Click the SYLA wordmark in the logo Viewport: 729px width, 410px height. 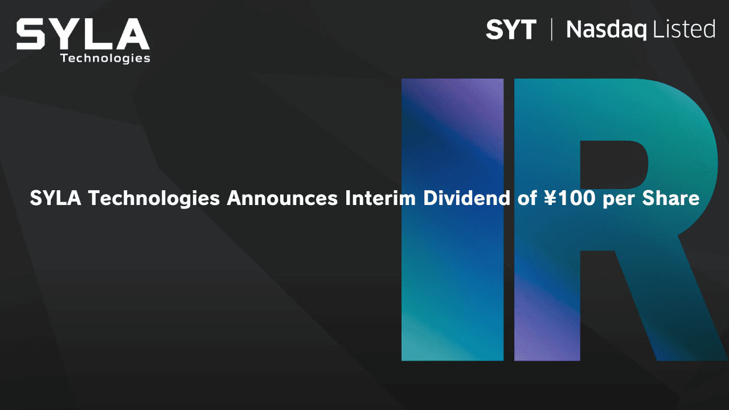coord(83,34)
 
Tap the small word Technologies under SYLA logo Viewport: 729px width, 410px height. coord(105,59)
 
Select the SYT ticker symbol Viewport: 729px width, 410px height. coord(511,30)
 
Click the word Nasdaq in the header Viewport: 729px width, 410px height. coord(607,30)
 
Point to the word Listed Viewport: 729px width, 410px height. coord(684,29)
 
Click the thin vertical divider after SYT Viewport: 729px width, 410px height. coord(552,30)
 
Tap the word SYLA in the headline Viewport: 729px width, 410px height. coord(56,198)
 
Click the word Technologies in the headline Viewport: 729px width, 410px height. coord(154,199)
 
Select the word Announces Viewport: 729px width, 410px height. coord(282,198)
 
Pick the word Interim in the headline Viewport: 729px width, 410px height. coord(380,198)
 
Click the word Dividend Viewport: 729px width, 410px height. coord(466,198)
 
